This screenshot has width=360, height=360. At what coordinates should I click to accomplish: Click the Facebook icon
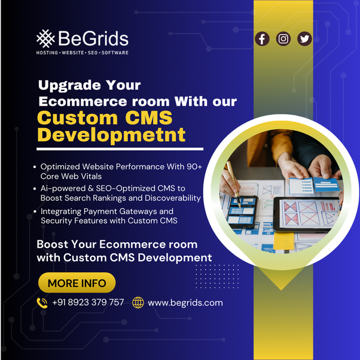coord(262,39)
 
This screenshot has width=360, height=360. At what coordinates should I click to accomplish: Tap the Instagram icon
coord(283,39)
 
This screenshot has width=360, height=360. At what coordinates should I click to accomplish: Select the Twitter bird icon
coord(305,39)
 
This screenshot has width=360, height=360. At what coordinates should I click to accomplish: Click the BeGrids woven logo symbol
coord(45,39)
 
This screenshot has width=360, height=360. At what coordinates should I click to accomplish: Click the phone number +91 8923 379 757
coord(88,302)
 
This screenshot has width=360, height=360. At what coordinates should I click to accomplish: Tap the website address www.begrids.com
coord(185,303)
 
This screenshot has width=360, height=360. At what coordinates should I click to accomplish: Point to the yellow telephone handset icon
coord(42,303)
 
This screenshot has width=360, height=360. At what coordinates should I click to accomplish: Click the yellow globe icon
coord(138,303)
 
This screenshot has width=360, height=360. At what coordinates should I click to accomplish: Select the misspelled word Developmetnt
coord(111,134)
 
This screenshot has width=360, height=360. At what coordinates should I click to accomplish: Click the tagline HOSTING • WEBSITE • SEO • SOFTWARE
coord(83,53)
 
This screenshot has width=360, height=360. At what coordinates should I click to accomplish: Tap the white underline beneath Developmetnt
coord(120,149)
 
